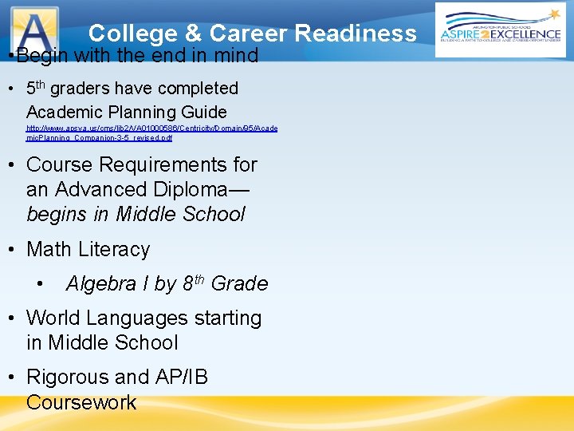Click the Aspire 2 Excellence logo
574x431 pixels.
501,30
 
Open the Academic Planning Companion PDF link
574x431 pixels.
151,132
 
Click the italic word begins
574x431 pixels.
58,214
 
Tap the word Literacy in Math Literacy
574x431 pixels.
113,249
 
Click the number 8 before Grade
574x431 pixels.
188,283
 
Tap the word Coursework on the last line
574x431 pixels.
81,401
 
